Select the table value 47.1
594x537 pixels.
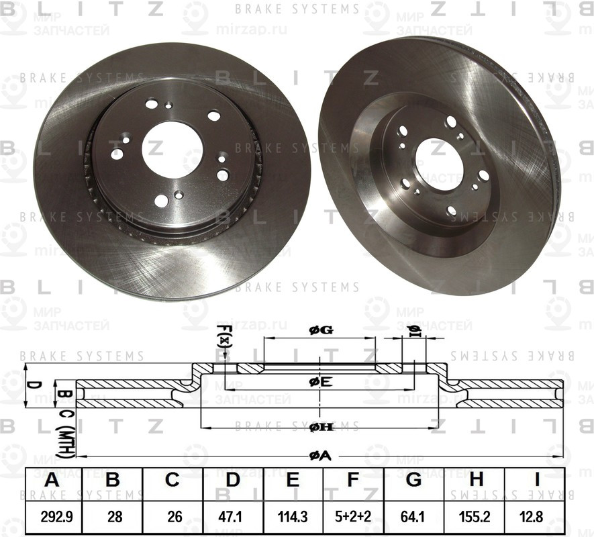tap(232, 516)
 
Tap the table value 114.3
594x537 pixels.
tap(293, 516)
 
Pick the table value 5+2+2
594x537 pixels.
tap(352, 516)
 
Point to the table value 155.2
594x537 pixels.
tap(476, 516)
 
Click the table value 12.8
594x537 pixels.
tap(536, 516)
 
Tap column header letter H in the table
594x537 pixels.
tap(476, 480)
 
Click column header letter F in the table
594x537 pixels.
tap(352, 480)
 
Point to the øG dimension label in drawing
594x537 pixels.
tap(320, 330)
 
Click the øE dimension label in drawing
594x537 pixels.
tap(320, 382)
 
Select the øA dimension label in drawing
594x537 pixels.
tap(320, 456)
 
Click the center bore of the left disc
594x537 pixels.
tap(172, 149)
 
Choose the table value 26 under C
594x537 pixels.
tap(172, 516)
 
